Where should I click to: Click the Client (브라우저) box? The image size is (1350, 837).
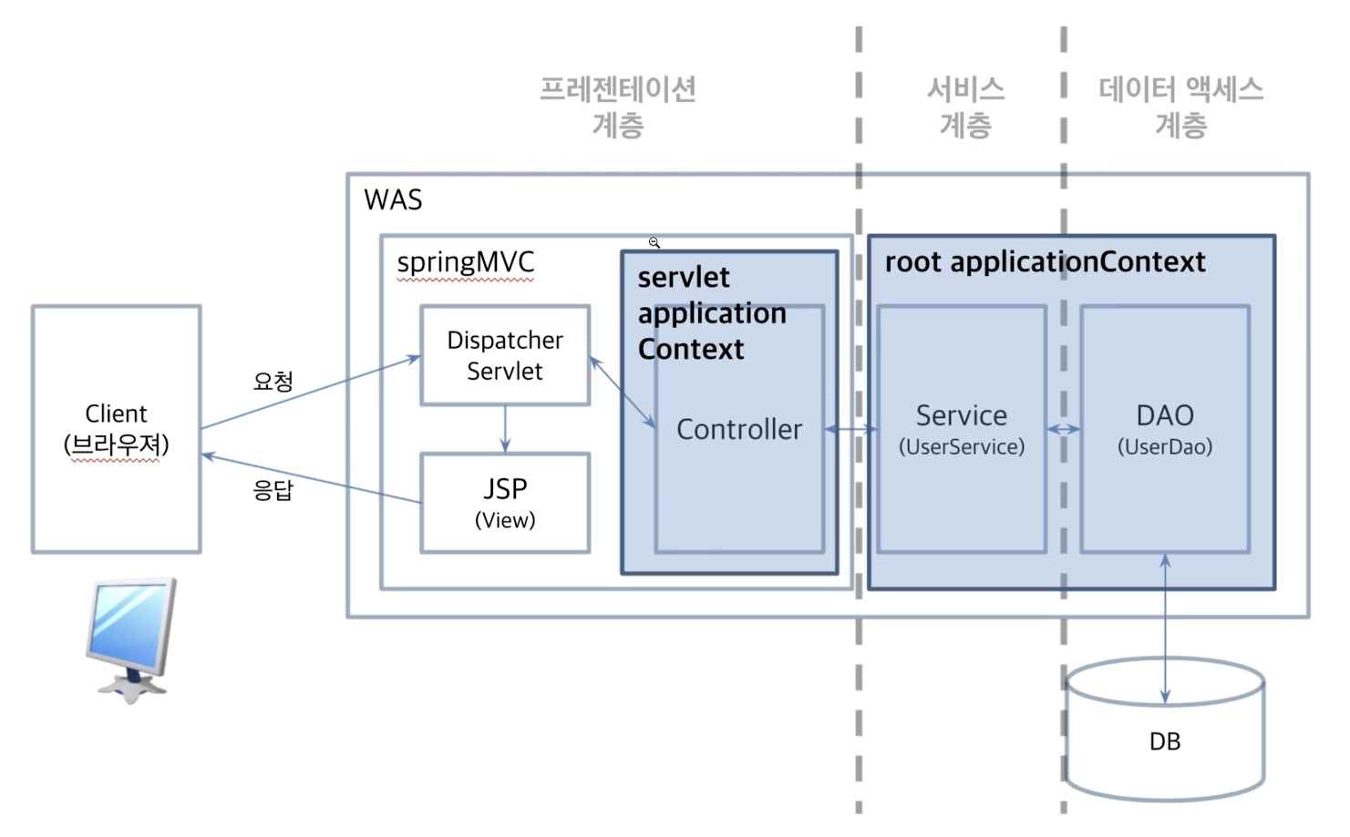point(117,429)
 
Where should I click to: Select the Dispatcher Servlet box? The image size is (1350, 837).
point(505,355)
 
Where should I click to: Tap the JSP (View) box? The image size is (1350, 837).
point(505,503)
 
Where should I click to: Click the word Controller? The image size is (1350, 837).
point(739,429)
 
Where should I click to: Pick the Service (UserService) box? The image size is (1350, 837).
point(962,429)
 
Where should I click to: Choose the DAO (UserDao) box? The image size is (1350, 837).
point(1165,429)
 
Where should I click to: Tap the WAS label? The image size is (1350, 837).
point(393,199)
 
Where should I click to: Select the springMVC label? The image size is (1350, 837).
point(465,262)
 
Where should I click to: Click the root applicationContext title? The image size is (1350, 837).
point(1045,262)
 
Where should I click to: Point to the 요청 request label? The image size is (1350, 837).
point(273,381)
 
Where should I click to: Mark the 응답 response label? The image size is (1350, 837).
point(273,490)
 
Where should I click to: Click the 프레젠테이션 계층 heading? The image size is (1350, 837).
point(618,107)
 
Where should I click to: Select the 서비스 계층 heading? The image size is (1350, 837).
point(965,107)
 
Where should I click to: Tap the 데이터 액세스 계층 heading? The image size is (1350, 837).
point(1180,107)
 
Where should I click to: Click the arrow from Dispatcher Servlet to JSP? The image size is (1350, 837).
point(505,429)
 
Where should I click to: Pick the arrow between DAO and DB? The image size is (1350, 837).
point(1165,628)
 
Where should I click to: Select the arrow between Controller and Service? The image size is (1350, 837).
point(850,429)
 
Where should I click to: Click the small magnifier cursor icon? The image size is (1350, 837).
point(654,242)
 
